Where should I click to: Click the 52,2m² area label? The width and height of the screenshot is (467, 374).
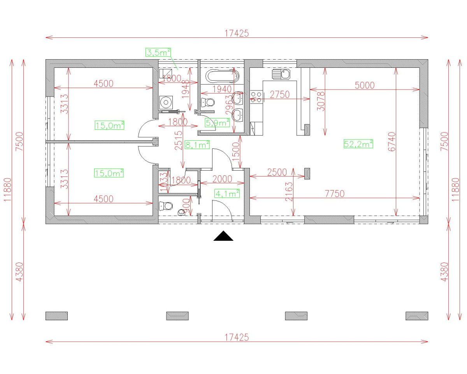tap(358, 144)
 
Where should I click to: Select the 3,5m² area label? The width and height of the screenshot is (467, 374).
tap(158, 52)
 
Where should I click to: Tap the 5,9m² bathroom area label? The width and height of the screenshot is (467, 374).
tap(217, 123)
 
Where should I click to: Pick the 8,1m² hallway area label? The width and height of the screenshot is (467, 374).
tap(197, 145)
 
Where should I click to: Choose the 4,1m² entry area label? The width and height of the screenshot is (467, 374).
tap(226, 192)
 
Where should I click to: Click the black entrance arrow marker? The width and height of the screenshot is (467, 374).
tap(223, 236)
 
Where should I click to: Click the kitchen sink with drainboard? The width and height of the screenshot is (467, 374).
tap(281, 74)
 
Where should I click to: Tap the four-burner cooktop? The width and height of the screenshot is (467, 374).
tap(256, 97)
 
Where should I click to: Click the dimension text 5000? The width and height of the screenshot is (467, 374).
tap(364, 85)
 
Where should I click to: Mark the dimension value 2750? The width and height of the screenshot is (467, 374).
tap(279, 94)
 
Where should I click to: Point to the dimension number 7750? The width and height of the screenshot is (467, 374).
tap(334, 193)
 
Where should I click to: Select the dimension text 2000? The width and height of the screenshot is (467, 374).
tap(222, 179)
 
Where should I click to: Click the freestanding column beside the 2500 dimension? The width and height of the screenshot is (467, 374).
tap(307, 173)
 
